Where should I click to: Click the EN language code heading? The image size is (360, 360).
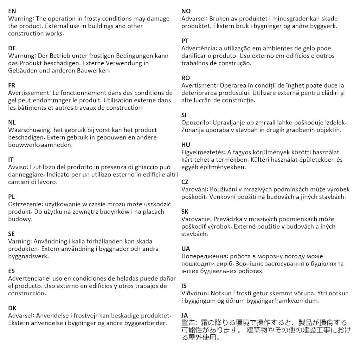[x=12, y=11]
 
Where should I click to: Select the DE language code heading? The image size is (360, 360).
[x=12, y=48]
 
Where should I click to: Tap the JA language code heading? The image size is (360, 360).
[x=185, y=315]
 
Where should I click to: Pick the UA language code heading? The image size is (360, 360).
[x=186, y=249]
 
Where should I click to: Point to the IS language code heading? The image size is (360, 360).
[x=184, y=286]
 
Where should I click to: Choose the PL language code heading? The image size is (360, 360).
[x=12, y=197]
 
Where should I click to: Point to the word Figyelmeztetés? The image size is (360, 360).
[x=203, y=152]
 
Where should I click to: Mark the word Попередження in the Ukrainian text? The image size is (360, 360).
[x=204, y=256]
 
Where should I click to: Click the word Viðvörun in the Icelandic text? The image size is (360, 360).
[x=195, y=293]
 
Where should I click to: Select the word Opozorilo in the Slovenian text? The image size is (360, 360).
[x=195, y=123]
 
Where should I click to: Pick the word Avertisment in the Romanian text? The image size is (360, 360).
[x=199, y=85]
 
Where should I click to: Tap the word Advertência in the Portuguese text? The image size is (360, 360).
[x=199, y=49]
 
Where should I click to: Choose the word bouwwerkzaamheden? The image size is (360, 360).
[x=40, y=145]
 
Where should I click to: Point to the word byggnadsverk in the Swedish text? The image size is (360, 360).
[x=28, y=256]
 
